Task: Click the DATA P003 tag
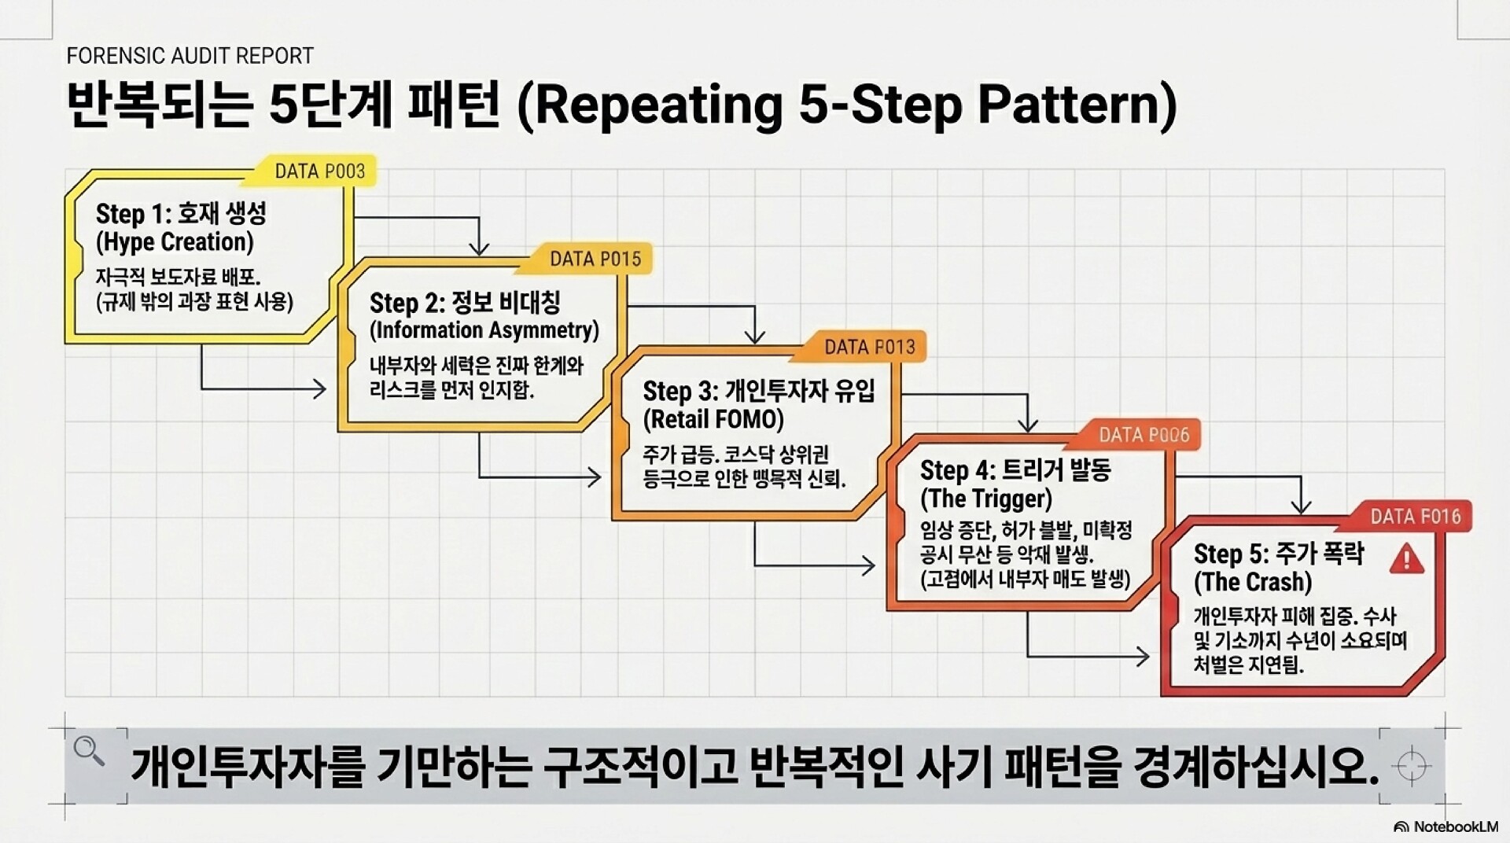point(319,171)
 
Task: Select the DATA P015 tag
point(595,259)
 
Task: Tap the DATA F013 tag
point(869,347)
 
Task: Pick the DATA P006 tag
point(1144,435)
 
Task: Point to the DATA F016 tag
point(1415,517)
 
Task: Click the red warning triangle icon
point(1406,559)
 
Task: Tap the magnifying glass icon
point(88,751)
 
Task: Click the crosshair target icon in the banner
point(1412,765)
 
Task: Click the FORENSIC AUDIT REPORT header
point(190,56)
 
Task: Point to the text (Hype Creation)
point(175,242)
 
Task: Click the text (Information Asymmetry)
point(484,330)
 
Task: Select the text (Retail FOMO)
point(713,419)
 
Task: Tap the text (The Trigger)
point(986,499)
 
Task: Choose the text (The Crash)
point(1253,582)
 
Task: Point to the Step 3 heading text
point(759,391)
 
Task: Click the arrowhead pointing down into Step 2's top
point(479,248)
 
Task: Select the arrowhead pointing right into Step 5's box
point(1142,656)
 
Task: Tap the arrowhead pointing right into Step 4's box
point(867,565)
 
